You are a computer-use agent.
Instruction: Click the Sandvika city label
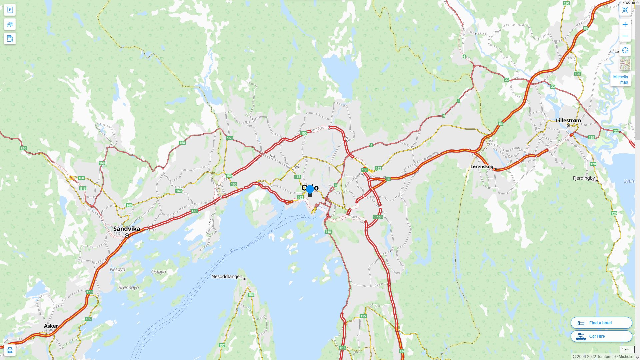(127, 229)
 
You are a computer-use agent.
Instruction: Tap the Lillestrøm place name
(568, 120)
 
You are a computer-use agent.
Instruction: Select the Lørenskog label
(482, 166)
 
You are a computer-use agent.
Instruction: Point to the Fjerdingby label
(584, 178)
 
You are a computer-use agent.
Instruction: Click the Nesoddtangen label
(227, 276)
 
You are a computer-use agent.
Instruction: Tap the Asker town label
(51, 326)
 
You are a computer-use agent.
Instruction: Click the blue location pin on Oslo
(310, 189)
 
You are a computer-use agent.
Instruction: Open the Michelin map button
(620, 79)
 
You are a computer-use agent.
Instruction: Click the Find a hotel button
(601, 323)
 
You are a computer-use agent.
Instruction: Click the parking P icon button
(10, 10)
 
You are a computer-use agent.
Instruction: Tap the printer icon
(10, 350)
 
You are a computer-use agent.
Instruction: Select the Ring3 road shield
(378, 217)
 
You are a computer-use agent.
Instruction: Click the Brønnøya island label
(128, 287)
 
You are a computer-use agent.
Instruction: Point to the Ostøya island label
(158, 272)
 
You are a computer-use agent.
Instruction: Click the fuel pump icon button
(10, 38)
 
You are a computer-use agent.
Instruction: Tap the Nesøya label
(117, 269)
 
